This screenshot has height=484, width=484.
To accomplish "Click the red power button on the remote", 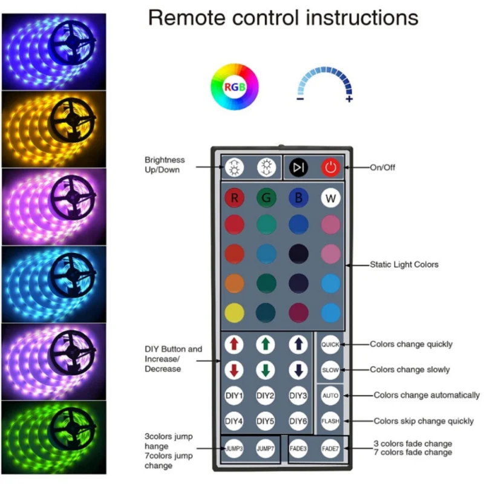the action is click(x=330, y=168).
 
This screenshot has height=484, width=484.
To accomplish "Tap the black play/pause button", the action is click(x=298, y=168).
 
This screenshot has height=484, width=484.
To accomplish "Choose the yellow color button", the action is click(x=234, y=312).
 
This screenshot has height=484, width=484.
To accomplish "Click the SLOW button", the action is click(x=330, y=370).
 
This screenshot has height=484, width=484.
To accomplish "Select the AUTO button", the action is click(x=330, y=396).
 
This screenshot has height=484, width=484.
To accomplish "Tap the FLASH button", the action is click(x=330, y=420).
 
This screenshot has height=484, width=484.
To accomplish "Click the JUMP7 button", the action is click(x=266, y=449).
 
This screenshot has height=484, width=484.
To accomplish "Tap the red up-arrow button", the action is click(x=234, y=344).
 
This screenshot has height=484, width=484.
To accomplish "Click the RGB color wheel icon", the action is click(x=235, y=87).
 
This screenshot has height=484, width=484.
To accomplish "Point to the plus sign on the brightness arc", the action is click(x=349, y=99).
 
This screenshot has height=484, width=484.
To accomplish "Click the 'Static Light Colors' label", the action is click(x=404, y=264).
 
